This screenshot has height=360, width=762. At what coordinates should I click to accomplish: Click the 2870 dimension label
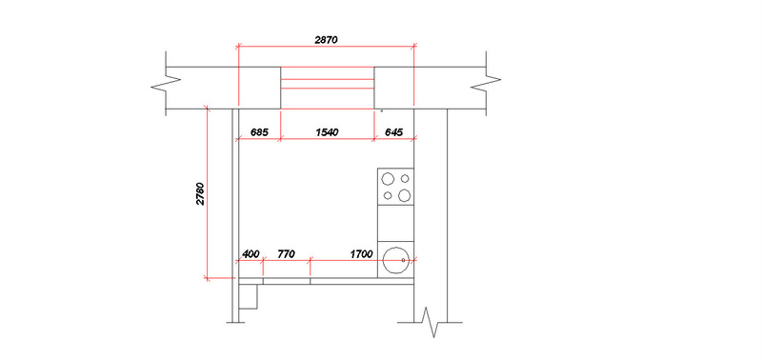(x=326, y=40)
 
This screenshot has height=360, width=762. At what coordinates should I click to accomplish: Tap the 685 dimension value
(x=259, y=132)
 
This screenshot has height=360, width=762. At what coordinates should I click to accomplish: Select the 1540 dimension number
(x=327, y=132)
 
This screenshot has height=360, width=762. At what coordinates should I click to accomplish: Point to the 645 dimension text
(x=393, y=132)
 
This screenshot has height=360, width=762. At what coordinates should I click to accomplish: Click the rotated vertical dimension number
(x=201, y=194)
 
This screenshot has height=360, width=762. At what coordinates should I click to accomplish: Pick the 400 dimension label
(x=251, y=254)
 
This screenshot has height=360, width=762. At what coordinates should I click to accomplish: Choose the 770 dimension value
(x=286, y=254)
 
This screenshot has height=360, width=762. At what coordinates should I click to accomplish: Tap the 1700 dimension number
(x=361, y=254)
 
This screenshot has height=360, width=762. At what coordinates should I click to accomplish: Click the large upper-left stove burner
(x=388, y=179)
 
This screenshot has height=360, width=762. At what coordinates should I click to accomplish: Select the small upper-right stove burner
(x=405, y=179)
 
